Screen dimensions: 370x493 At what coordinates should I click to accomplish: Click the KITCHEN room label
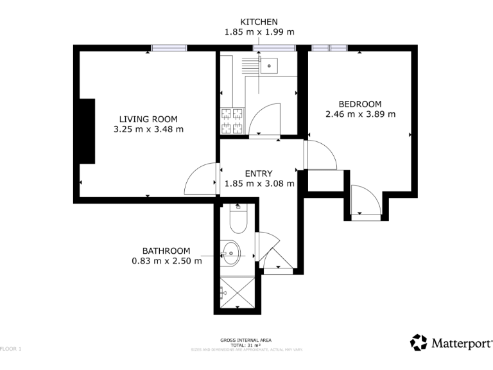tap(259, 22)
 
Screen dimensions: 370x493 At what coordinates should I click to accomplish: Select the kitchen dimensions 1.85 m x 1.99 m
tap(259, 31)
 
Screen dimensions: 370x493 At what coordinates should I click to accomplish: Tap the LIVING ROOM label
tap(148, 119)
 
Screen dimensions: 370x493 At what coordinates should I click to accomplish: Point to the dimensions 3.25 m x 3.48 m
tap(148, 129)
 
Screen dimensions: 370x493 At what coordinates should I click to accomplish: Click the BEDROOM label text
tap(360, 104)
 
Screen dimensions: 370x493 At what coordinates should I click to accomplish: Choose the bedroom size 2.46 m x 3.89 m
tap(360, 114)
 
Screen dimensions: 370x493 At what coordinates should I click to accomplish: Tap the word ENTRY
tap(259, 173)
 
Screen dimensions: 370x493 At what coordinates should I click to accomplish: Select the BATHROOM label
tap(166, 251)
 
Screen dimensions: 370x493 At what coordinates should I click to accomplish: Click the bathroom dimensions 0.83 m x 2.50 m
tap(166, 261)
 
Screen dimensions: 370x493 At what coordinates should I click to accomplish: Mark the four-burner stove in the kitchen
tap(233, 121)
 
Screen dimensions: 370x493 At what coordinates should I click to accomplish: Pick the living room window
tap(169, 48)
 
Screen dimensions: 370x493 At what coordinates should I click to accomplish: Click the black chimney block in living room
tap(87, 131)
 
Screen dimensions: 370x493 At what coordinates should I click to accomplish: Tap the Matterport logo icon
tap(419, 342)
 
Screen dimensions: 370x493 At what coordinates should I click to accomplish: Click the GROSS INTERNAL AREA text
tap(246, 340)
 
